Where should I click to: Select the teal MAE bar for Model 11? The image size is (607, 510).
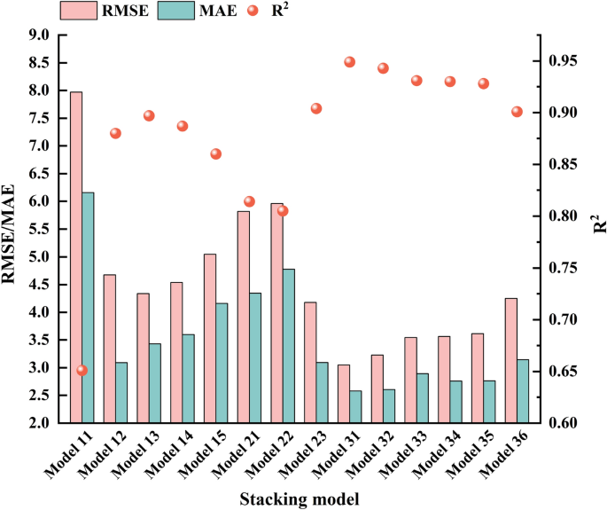88,307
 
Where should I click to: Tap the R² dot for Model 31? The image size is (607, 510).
349,62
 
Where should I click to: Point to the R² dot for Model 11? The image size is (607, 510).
82,371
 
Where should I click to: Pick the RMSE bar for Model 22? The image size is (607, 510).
276,313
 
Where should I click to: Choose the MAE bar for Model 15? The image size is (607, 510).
222,363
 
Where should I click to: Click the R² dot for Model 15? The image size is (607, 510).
216,153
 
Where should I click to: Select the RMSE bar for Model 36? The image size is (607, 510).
511,360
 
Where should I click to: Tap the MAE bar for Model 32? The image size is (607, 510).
389,406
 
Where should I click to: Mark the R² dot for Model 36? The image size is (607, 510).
518,112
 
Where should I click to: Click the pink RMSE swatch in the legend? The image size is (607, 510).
79,11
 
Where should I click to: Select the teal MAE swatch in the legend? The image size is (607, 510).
176,11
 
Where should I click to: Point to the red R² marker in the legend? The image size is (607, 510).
253,11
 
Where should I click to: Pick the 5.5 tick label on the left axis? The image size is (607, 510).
39,229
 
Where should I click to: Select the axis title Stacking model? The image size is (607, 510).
300,498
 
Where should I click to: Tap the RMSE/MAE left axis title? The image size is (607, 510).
8,234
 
